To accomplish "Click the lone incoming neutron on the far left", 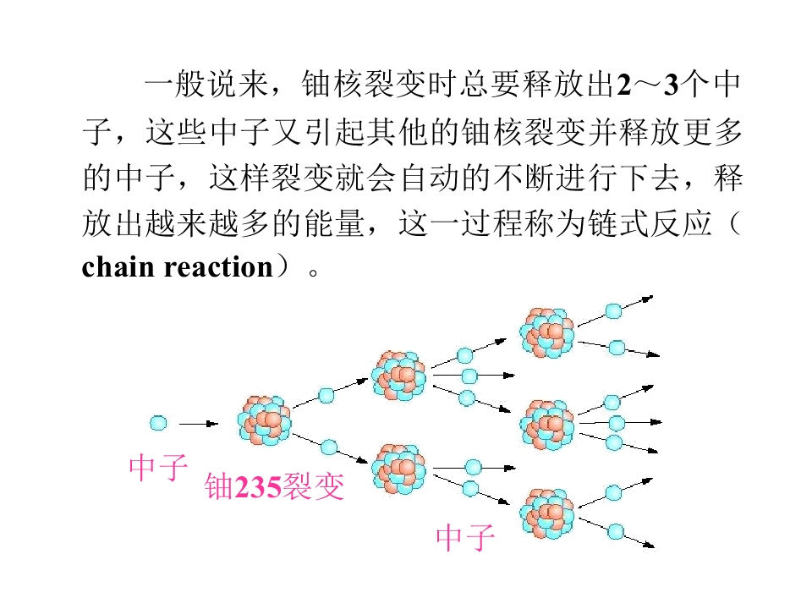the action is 158,423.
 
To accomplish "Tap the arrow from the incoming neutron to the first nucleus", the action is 199,424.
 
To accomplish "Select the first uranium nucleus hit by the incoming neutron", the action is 264,420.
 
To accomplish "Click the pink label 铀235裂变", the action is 274,486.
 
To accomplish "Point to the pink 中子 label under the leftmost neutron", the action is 158,467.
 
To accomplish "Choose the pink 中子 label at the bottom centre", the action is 465,537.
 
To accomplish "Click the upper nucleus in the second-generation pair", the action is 398,376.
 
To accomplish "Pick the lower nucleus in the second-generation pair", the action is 398,469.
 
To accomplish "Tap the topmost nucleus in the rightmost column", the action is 547,333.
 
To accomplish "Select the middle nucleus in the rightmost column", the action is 547,425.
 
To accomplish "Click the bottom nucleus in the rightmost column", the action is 547,513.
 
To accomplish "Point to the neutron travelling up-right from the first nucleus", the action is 326,395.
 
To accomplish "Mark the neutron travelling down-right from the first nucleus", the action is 329,447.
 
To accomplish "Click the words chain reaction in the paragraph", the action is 177,267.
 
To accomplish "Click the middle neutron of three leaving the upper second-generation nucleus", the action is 469,376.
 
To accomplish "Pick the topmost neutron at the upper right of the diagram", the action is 614,311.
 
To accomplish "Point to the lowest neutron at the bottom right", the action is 616,532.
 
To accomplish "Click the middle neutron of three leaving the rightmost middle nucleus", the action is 617,423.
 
